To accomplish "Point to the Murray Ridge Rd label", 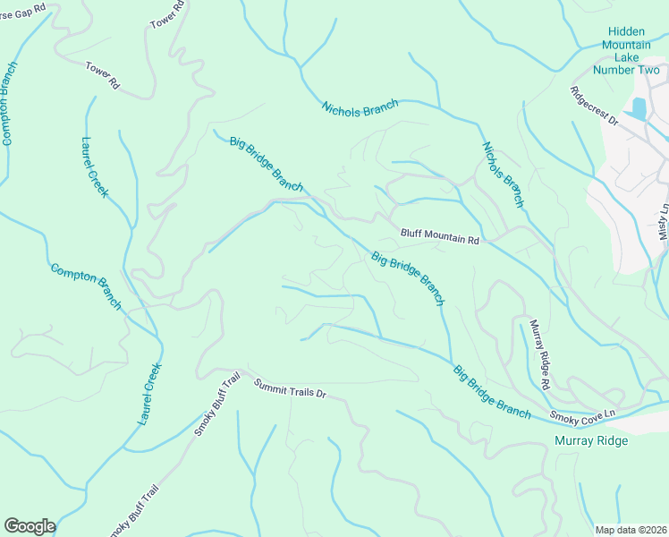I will click(x=538, y=354).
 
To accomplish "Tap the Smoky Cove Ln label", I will click(x=584, y=417).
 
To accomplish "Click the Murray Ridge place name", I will click(x=590, y=440).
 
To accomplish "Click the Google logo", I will click(x=30, y=526).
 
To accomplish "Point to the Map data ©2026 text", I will click(x=631, y=530).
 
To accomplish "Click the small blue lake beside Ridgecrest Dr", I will click(x=639, y=109).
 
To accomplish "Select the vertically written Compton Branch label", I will click(x=9, y=104).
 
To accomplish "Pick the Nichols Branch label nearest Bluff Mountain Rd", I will click(x=502, y=175).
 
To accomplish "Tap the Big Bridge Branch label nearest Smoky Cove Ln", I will click(x=491, y=392).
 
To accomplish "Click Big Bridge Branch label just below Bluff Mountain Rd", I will click(x=408, y=279).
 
